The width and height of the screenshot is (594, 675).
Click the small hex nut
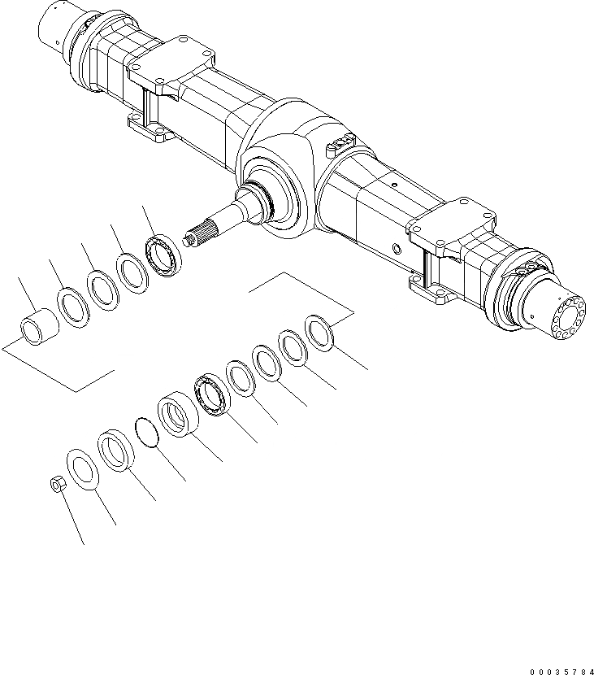tap(58, 486)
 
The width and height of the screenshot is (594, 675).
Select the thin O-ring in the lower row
tap(145, 433)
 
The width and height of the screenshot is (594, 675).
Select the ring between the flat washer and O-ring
tap(115, 451)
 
